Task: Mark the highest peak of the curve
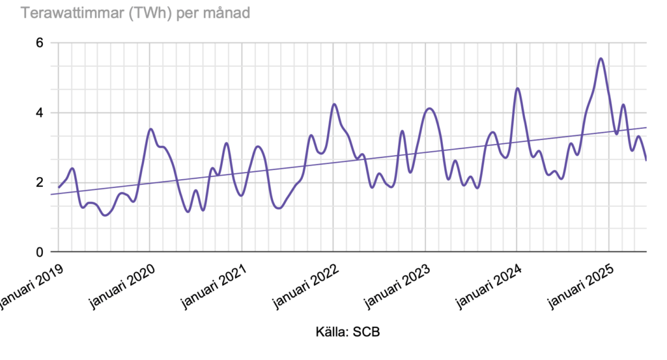[601, 59]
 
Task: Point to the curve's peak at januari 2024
[517, 89]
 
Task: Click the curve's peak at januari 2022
[334, 104]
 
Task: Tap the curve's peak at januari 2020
[150, 129]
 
